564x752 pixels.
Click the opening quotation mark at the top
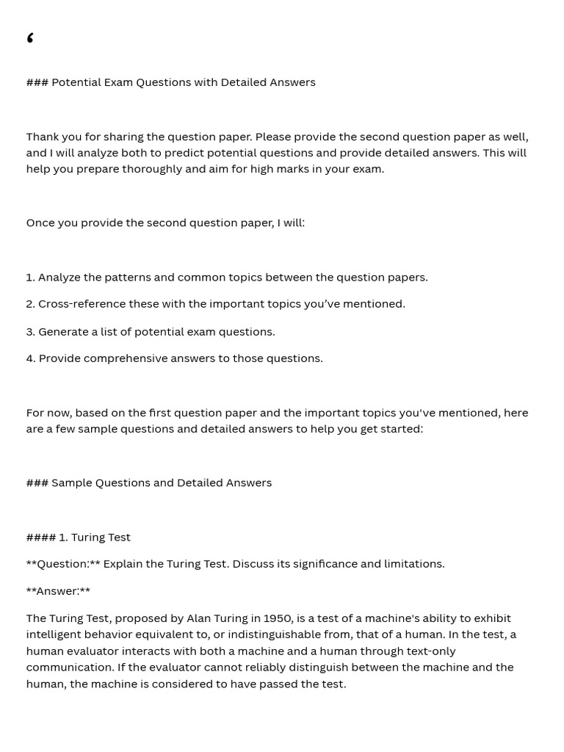pos(30,38)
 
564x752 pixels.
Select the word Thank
pos(43,137)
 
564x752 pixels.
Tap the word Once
pos(40,223)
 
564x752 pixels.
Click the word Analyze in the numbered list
pos(59,277)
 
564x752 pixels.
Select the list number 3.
pos(30,332)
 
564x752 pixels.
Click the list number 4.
pos(30,358)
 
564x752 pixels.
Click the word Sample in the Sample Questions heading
pos(71,482)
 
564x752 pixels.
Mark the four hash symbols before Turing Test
pos(40,537)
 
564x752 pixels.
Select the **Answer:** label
pos(58,591)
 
